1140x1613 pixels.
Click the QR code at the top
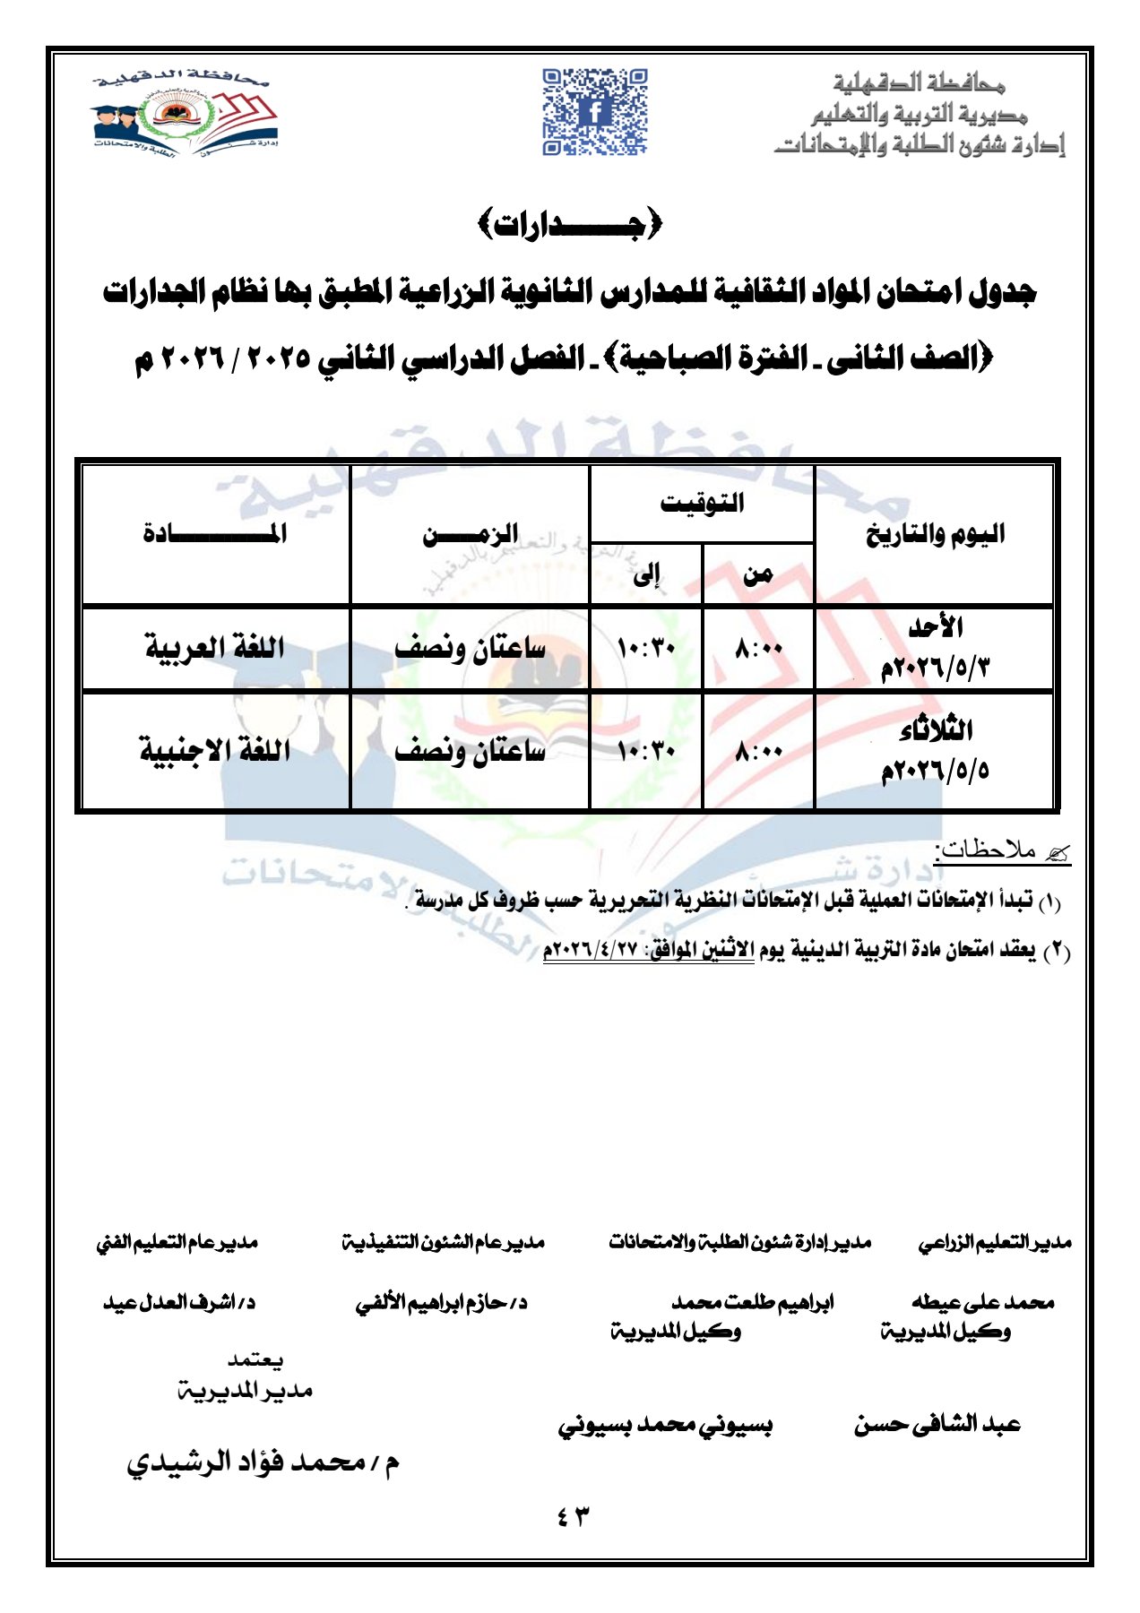pyautogui.click(x=594, y=112)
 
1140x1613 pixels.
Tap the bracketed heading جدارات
pyautogui.click(x=570, y=224)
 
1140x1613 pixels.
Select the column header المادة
pyautogui.click(x=215, y=534)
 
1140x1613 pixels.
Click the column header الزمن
pyautogui.click(x=471, y=535)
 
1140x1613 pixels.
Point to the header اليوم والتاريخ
pyautogui.click(x=935, y=535)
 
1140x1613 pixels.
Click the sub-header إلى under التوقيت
pyautogui.click(x=646, y=574)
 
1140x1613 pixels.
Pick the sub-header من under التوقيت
pyautogui.click(x=758, y=574)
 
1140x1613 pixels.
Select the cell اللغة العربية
pyautogui.click(x=215, y=647)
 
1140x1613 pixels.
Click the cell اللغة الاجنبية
pyautogui.click(x=215, y=750)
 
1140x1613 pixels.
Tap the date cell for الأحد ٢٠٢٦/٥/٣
pyautogui.click(x=935, y=648)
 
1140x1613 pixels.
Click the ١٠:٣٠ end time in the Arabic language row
pyautogui.click(x=646, y=648)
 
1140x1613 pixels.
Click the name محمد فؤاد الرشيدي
pyautogui.click(x=263, y=1463)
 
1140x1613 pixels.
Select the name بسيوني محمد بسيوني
pyautogui.click(x=665, y=1426)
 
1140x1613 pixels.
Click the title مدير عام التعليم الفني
pyautogui.click(x=177, y=1243)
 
